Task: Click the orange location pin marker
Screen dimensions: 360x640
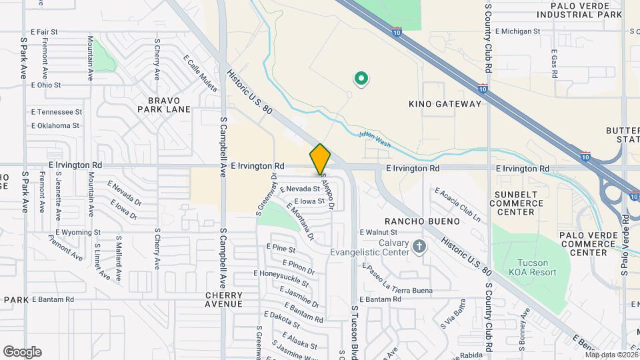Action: [320, 159]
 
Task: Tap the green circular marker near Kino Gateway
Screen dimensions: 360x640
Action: [361, 79]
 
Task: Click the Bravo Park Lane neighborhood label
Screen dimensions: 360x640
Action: [164, 105]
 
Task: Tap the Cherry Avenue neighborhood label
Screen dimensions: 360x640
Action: [223, 299]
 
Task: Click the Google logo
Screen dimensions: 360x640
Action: [22, 351]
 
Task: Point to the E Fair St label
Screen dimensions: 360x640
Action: [45, 31]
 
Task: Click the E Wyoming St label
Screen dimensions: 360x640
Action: [78, 232]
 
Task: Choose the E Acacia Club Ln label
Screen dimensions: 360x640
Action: [458, 204]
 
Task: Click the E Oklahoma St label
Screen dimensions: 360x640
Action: [55, 125]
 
